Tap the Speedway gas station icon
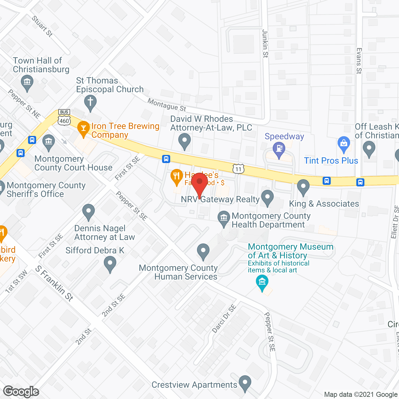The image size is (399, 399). click(x=279, y=148)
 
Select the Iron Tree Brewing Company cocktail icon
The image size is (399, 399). click(x=83, y=128)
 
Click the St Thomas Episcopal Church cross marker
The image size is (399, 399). click(x=90, y=102)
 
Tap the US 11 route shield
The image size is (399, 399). click(x=238, y=169)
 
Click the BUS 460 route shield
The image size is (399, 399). click(x=64, y=118)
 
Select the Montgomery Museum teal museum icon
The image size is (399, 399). click(x=262, y=282)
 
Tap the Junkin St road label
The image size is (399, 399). click(x=265, y=44)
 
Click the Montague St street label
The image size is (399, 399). click(x=167, y=105)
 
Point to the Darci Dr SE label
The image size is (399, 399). click(x=224, y=319)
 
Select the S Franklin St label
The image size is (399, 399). click(x=54, y=283)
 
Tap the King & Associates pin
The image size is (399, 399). click(x=303, y=187)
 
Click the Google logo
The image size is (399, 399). click(x=21, y=392)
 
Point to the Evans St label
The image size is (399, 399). click(x=359, y=61)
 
